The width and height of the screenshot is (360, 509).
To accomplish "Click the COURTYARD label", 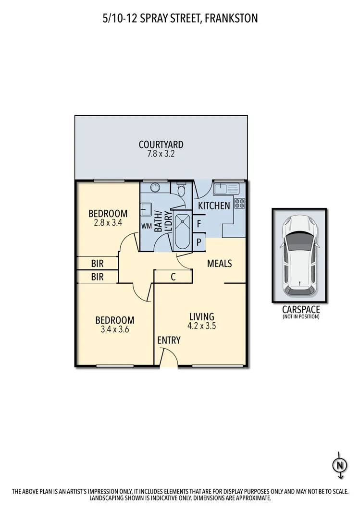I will click(x=161, y=145).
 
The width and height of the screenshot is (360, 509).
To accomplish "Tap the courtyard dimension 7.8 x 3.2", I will click(x=161, y=154).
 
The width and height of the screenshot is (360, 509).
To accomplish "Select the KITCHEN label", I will click(x=214, y=206).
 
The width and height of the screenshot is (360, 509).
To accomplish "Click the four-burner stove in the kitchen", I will click(x=239, y=203).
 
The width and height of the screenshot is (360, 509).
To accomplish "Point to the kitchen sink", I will click(x=223, y=188).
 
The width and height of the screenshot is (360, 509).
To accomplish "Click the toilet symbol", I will click(x=181, y=190).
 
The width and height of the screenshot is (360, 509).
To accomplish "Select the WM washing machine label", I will click(x=147, y=226).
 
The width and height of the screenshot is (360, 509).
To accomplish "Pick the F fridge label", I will click(x=199, y=224).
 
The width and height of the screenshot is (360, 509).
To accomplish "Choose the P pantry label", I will click(x=199, y=242).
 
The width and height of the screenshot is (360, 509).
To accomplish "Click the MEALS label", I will click(x=220, y=264).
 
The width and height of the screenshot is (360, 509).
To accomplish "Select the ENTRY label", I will click(x=169, y=340).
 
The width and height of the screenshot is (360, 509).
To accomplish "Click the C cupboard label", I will click(x=173, y=277).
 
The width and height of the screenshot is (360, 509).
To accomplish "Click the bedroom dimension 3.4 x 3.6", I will click(x=114, y=330).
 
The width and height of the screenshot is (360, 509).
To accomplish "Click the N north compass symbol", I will click(x=340, y=465).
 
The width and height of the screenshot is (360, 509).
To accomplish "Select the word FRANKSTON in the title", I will click(x=229, y=19).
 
